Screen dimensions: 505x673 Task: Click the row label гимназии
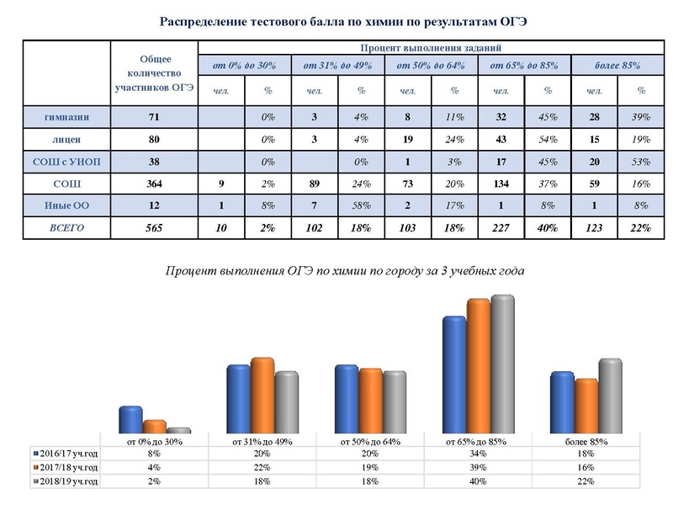click(x=68, y=115)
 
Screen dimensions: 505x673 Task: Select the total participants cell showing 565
click(x=153, y=226)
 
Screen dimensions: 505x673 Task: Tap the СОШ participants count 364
click(x=153, y=181)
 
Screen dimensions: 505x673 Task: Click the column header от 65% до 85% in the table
click(x=525, y=65)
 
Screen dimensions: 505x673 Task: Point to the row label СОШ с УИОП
click(x=68, y=159)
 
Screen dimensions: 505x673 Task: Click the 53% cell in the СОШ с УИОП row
click(x=641, y=159)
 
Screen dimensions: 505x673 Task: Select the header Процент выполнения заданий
click(x=431, y=49)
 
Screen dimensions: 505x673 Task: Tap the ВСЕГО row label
click(x=68, y=226)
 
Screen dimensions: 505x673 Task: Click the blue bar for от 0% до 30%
click(x=130, y=419)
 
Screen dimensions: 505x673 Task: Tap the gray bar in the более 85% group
click(x=610, y=396)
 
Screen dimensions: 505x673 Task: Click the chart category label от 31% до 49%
click(x=262, y=440)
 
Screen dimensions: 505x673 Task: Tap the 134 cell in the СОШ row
click(x=501, y=181)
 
